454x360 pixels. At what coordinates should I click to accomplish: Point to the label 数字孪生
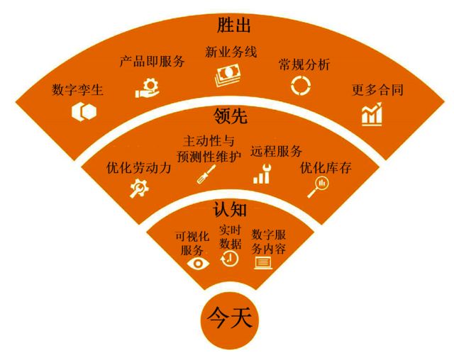point(78,91)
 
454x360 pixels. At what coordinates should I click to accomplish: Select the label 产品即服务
point(151,62)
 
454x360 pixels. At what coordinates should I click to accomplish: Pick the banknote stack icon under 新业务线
point(229,75)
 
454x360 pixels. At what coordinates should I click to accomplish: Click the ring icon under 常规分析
point(300,86)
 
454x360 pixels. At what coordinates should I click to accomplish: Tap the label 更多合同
point(378,91)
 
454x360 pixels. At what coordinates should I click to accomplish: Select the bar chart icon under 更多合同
point(372,113)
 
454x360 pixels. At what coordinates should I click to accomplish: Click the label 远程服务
point(277,151)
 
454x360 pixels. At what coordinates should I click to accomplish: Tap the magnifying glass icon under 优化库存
point(319,186)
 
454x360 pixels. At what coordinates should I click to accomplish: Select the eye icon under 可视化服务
point(198,263)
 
